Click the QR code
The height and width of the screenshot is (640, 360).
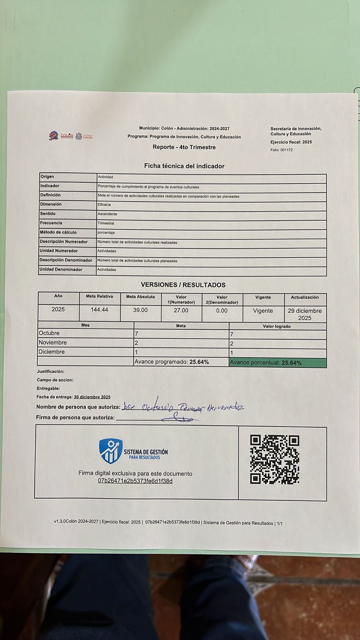[275, 460]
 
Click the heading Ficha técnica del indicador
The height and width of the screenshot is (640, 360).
[184, 166]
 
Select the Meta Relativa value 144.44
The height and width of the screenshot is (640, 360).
[99, 310]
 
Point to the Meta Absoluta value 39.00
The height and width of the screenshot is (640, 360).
[140, 310]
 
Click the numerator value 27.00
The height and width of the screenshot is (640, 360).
[181, 310]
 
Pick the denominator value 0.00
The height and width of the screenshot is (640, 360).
[222, 311]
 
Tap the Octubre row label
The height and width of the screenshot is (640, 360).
[49, 333]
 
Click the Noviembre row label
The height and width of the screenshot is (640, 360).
[53, 342]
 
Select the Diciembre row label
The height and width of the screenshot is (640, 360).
[52, 352]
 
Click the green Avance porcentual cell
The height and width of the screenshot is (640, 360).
[278, 363]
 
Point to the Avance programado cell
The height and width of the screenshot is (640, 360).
[181, 362]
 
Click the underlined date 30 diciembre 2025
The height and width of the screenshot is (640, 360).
[92, 397]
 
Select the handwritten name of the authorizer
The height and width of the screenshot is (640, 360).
[182, 407]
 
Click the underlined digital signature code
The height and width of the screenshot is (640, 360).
[135, 481]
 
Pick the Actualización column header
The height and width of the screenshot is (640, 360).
[305, 297]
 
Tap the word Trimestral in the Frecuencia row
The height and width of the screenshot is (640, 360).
[106, 223]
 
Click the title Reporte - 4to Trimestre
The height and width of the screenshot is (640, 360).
[184, 147]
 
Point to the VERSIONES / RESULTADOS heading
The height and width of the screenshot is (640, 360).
[183, 285]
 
